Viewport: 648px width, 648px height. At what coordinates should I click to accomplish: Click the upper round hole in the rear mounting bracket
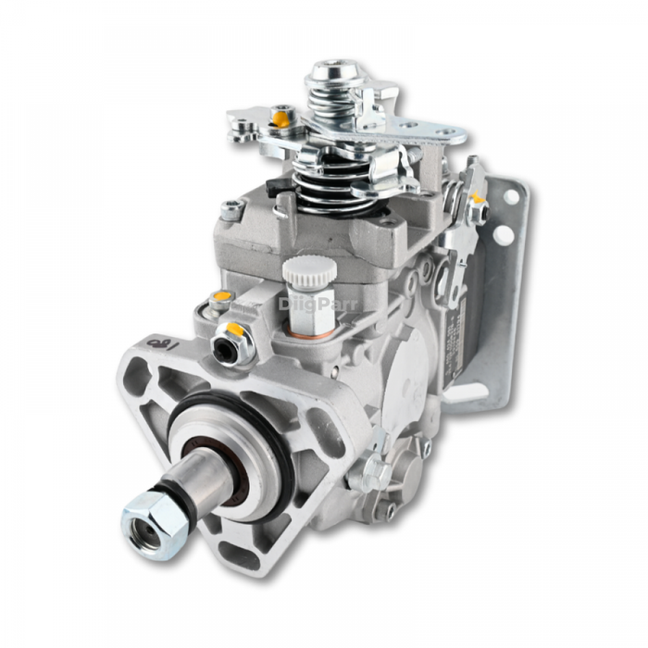point(511,196)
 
